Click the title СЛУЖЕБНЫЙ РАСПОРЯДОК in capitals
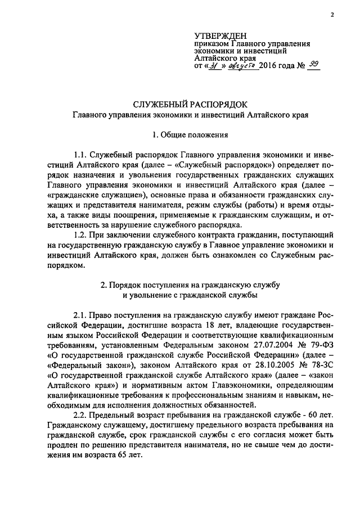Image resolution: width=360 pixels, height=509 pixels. click(190, 105)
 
